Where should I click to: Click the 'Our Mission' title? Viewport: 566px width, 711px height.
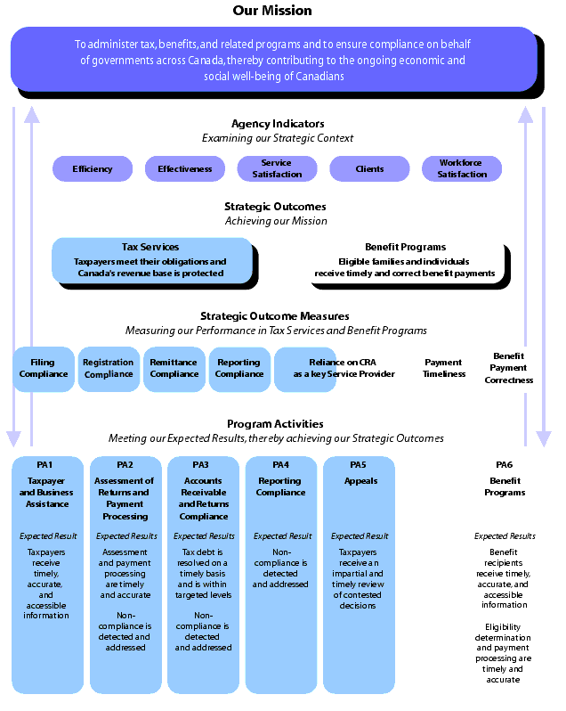[x=272, y=11]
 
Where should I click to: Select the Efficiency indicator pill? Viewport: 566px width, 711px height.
[x=93, y=168]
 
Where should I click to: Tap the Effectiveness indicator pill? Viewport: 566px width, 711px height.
[x=185, y=168]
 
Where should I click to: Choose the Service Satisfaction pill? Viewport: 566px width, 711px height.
[x=277, y=168]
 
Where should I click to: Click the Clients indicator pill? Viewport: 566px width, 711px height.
[x=369, y=168]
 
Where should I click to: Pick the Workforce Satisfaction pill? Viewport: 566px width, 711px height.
[x=462, y=168]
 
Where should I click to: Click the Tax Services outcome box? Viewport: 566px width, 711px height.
[x=151, y=260]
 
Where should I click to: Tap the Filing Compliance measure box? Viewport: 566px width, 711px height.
[x=44, y=368]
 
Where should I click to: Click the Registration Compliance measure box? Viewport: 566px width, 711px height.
[x=109, y=368]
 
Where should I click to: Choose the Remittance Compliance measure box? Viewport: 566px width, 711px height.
[x=174, y=368]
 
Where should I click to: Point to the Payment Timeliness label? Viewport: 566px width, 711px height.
[x=444, y=368]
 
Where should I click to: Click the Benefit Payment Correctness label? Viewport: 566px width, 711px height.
[x=508, y=368]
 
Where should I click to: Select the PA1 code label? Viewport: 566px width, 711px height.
[x=44, y=465]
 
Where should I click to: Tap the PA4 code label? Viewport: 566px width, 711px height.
[x=280, y=465]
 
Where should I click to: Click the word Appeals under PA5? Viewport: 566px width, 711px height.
[x=360, y=481]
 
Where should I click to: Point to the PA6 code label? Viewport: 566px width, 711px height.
[x=505, y=465]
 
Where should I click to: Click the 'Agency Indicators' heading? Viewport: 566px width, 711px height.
[x=278, y=124]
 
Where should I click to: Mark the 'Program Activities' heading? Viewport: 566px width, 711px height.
[x=275, y=424]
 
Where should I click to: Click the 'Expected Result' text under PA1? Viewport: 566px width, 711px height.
[x=48, y=536]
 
